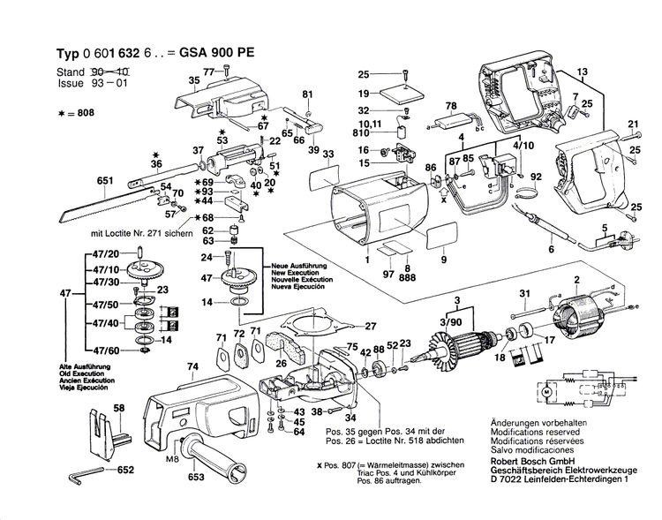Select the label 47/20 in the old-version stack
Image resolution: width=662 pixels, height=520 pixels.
(93, 254)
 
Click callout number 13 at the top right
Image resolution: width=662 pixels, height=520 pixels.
(581, 71)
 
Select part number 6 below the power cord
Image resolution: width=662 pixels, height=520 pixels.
(552, 251)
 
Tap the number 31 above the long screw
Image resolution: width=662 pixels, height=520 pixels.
(523, 294)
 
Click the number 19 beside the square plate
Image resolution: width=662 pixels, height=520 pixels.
(363, 93)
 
